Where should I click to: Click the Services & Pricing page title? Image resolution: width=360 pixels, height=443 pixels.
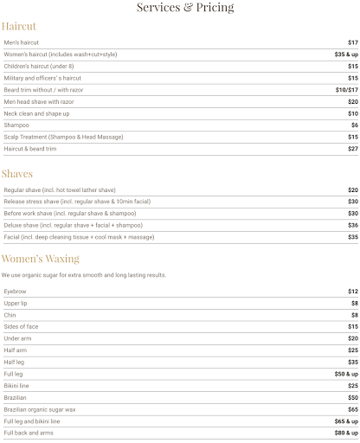tap(185, 8)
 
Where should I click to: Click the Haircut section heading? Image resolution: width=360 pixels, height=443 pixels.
tap(19, 26)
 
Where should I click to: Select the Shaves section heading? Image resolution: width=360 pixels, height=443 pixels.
tap(16, 173)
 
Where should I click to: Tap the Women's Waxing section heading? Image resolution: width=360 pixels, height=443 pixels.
tap(40, 259)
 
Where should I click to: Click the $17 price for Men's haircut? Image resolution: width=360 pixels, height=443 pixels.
tap(352, 42)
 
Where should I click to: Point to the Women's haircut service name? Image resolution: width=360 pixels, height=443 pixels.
tap(60, 55)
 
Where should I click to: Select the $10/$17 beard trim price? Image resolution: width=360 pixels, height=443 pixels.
tap(346, 90)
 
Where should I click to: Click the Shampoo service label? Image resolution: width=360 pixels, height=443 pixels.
tap(16, 125)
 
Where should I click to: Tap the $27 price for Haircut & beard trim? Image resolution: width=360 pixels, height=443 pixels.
tap(352, 149)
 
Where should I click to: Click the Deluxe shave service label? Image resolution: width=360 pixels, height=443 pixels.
tap(71, 225)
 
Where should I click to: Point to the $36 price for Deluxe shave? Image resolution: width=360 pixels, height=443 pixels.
tap(352, 225)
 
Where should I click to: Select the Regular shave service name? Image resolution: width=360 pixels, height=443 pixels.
tap(59, 189)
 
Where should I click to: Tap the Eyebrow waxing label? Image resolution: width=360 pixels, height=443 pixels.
tap(15, 292)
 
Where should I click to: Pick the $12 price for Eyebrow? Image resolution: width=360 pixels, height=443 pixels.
tap(352, 292)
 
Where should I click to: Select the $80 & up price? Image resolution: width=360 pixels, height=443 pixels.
tap(345, 432)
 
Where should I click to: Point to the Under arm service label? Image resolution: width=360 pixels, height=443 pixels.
tap(18, 338)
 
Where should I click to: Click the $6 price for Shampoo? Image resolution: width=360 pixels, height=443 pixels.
tap(354, 125)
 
